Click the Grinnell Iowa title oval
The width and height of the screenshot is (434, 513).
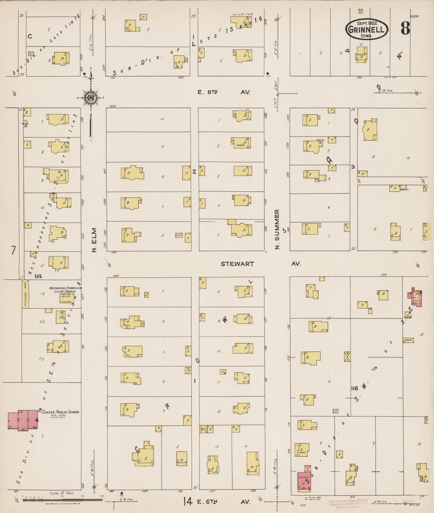point(367,29)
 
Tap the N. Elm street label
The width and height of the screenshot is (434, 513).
point(94,244)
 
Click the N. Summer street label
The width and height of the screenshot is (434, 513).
point(278,229)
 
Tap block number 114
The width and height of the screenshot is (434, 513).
point(38,276)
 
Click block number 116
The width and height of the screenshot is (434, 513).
point(354,388)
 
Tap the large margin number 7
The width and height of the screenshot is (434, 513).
point(13,250)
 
